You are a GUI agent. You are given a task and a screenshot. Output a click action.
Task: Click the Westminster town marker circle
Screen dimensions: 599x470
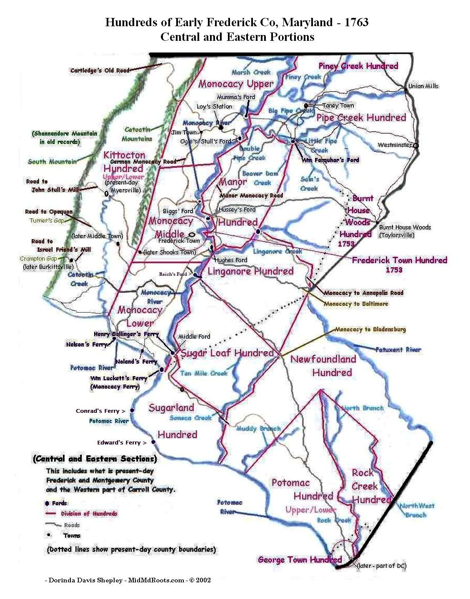coord(415,145)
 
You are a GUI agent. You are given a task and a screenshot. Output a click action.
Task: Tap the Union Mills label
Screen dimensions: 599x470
coord(423,86)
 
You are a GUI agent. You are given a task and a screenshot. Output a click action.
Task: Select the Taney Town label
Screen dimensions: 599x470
coord(338,106)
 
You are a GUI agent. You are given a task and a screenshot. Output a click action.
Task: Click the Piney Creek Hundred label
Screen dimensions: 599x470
coord(358,66)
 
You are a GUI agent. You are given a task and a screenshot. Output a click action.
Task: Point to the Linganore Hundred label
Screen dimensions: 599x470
coord(250,272)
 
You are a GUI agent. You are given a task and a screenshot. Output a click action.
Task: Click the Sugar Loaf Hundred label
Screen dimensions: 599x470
coord(227,353)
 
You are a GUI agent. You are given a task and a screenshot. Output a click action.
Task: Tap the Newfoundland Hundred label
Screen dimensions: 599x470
coord(323,365)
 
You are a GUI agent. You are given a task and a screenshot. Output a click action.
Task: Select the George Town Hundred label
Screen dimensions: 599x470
coord(300,560)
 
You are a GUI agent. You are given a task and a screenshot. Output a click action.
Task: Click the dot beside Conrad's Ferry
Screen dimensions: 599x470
coord(132,410)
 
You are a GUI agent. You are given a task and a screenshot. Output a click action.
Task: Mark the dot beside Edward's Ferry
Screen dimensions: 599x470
coord(153,442)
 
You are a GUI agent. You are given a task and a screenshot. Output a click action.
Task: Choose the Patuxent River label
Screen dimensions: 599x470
coord(398,349)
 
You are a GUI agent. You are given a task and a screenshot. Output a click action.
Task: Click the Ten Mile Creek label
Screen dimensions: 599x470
coord(204,373)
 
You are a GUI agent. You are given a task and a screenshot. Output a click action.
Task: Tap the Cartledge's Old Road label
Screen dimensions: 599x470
coord(100,70)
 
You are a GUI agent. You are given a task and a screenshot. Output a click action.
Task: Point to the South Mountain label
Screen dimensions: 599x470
coord(52,161)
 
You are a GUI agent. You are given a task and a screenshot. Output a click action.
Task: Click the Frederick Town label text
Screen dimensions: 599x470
coord(179,241)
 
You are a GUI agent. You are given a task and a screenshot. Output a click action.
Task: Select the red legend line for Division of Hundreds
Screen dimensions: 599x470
coord(50,514)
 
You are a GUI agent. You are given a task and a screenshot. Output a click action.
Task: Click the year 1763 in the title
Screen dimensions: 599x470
coord(356,22)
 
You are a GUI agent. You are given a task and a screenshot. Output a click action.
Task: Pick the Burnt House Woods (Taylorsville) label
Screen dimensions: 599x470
coord(404,231)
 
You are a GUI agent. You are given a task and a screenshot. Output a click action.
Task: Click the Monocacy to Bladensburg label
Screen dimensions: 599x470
coord(370,329)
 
